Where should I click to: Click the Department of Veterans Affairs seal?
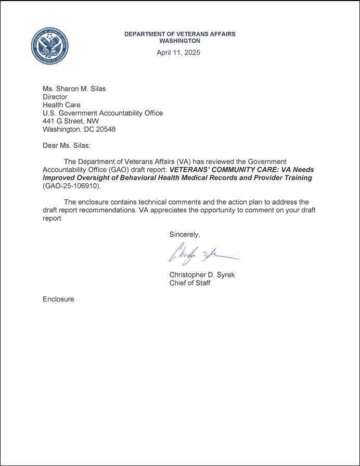click(49, 46)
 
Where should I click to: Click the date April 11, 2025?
click(178, 53)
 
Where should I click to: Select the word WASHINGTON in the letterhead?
click(179, 41)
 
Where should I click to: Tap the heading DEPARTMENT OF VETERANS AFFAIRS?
click(179, 34)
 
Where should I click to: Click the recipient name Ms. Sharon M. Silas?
click(74, 89)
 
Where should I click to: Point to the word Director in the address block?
click(55, 97)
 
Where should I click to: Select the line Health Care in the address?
click(61, 105)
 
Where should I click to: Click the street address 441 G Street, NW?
click(70, 121)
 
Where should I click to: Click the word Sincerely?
click(184, 235)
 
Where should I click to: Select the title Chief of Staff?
click(190, 283)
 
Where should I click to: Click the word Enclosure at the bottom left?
click(58, 299)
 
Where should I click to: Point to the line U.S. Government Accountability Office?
click(102, 113)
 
